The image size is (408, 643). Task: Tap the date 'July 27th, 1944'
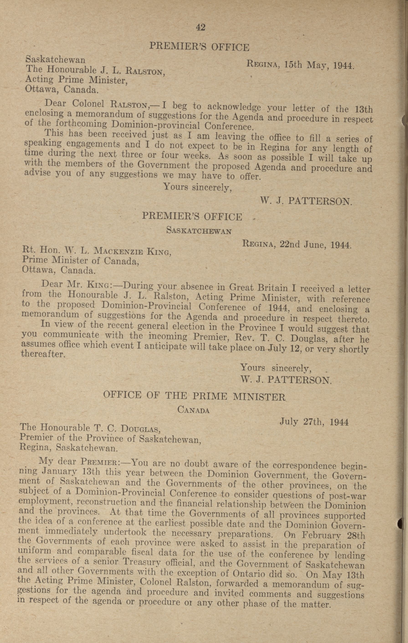point(314,422)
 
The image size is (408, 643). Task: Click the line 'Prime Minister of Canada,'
point(80,260)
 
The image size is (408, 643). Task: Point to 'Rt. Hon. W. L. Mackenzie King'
point(96,251)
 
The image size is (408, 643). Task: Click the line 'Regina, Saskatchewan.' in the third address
point(69,448)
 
